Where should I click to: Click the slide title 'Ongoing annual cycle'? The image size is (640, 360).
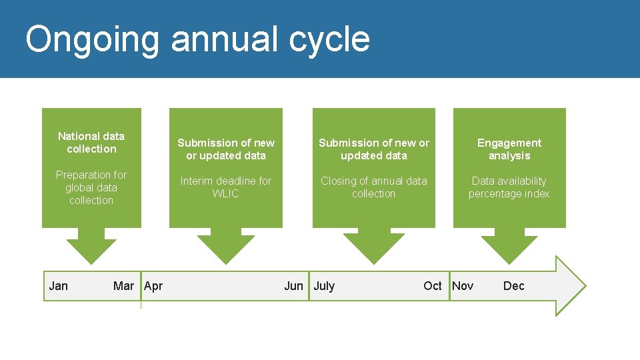coord(197,39)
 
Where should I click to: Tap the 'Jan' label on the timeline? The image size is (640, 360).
coord(59,286)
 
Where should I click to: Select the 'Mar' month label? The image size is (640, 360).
coord(123,286)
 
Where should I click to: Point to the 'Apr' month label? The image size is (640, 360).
coord(153,286)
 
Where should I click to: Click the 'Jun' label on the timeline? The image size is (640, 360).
coord(293,286)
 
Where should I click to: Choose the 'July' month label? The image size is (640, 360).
coord(324,286)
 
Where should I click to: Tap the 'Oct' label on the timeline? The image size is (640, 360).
coord(432,286)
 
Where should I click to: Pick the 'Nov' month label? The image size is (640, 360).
coord(463,286)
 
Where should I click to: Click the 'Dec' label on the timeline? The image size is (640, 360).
coord(513,286)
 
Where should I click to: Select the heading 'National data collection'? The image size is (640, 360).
coord(91,143)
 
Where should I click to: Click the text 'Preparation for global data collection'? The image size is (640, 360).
coord(91,187)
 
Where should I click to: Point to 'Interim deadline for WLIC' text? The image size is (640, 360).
coord(225,187)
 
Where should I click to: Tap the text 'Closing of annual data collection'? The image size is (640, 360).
coord(373,187)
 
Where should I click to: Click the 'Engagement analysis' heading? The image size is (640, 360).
coord(509,149)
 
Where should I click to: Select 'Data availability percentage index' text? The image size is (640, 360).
coord(509,187)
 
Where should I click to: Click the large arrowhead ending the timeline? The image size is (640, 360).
coord(570,286)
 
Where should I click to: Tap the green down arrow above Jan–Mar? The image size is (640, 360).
coord(91,245)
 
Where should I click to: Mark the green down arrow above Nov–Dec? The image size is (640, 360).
coord(509,245)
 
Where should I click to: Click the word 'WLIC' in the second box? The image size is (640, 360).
coord(225,194)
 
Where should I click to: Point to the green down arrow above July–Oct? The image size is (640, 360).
coord(373,245)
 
